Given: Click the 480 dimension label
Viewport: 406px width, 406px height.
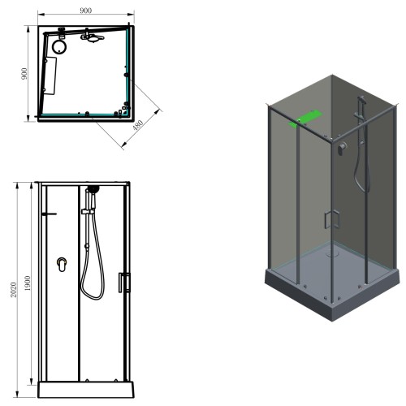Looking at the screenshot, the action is (x=138, y=125).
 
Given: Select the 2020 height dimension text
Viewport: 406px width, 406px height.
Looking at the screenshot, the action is (x=14, y=290).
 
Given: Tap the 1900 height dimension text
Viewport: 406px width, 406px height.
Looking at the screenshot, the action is (x=28, y=283).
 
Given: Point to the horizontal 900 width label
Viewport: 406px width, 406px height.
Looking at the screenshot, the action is (x=86, y=11).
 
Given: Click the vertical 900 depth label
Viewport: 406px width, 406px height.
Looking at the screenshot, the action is (x=24, y=74).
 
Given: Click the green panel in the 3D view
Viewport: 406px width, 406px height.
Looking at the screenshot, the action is (x=304, y=119).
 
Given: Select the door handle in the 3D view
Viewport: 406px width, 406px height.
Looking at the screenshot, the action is (x=332, y=219).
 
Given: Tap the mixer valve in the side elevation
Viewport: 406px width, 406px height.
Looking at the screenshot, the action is (x=62, y=265).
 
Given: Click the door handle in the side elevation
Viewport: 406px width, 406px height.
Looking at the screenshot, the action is (x=124, y=283).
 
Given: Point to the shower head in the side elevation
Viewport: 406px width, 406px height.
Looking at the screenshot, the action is (x=93, y=189).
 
